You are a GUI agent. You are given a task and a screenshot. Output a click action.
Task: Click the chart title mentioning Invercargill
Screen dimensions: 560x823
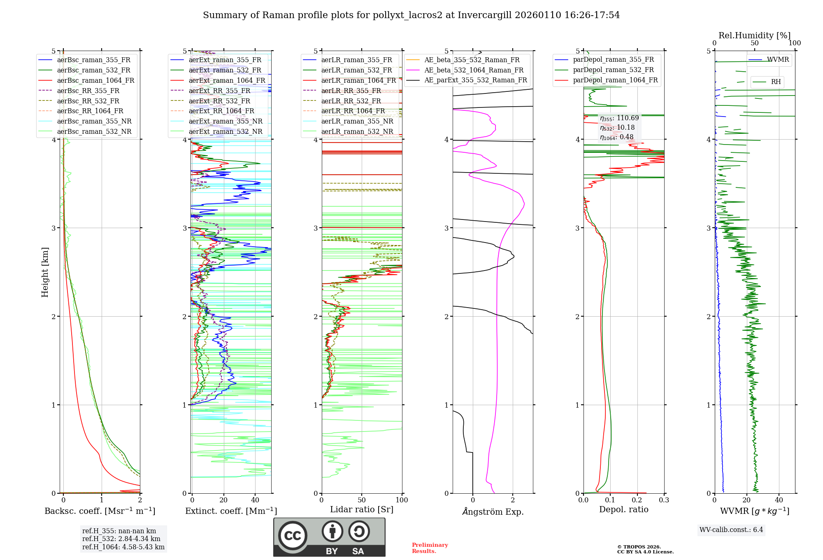click(411, 15)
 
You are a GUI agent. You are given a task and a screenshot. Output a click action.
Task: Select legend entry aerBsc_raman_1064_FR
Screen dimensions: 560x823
click(95, 80)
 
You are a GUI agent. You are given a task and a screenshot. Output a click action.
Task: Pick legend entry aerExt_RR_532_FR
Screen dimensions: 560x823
click(219, 101)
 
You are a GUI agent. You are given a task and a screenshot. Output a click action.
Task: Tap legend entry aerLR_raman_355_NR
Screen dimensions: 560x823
click(357, 121)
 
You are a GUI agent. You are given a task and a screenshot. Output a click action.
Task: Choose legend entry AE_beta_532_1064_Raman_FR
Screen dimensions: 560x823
click(474, 70)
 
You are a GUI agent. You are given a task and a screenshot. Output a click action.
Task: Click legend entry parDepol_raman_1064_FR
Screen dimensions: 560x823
click(615, 80)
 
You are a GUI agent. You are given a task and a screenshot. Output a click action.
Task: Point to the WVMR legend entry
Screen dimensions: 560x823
click(777, 60)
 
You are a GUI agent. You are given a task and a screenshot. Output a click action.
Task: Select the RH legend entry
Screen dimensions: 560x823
click(776, 82)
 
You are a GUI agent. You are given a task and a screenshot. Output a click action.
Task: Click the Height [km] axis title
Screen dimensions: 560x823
click(45, 272)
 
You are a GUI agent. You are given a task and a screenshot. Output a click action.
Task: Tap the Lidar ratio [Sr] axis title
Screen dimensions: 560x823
click(362, 509)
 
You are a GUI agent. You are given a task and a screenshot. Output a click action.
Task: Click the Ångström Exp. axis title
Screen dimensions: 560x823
click(493, 511)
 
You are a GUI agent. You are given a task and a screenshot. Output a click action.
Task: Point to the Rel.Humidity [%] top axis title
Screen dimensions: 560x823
click(754, 35)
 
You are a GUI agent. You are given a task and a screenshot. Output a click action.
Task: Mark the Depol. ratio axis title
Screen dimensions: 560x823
click(623, 509)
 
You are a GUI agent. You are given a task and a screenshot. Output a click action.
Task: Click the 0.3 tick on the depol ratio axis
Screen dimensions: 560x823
click(664, 500)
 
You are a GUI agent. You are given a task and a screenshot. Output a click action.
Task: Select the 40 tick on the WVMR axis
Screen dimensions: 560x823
click(779, 500)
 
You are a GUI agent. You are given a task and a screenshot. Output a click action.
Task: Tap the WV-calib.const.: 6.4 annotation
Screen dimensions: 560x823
click(731, 530)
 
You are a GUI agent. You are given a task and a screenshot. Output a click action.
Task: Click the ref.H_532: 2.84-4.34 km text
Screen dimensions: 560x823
click(121, 539)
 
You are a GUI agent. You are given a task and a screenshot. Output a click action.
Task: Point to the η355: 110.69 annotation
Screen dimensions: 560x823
click(619, 118)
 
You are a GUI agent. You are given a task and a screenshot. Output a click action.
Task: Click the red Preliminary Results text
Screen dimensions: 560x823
click(430, 548)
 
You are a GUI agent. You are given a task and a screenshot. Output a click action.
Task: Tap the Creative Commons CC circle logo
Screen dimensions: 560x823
click(293, 535)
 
